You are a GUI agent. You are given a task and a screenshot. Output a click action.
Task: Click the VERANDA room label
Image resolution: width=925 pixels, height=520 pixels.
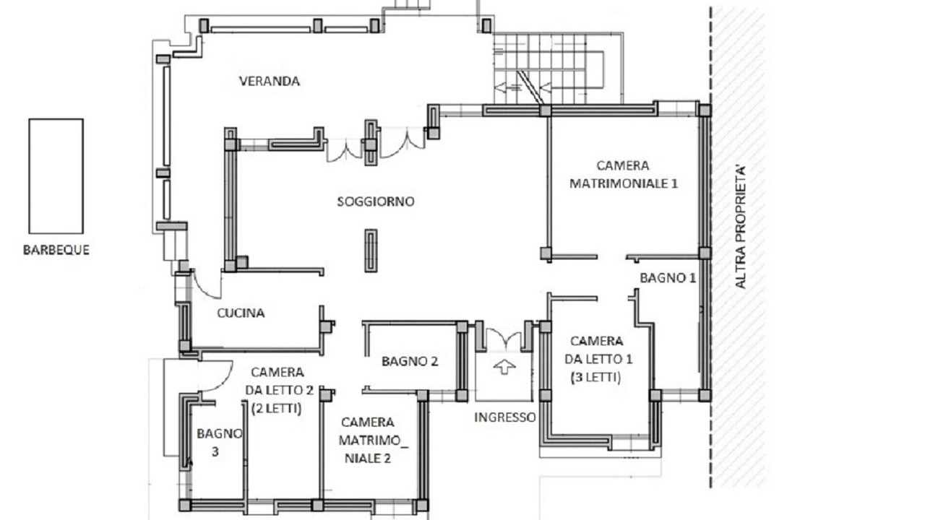270,81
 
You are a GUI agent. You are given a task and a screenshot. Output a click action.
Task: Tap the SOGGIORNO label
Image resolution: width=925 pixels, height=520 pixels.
376,201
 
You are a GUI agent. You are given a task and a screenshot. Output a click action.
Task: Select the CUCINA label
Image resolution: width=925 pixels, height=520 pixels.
241,313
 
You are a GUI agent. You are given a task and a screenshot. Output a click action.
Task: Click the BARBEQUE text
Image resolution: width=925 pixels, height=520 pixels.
56,250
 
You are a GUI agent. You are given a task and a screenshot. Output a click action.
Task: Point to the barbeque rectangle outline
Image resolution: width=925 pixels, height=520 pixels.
30,176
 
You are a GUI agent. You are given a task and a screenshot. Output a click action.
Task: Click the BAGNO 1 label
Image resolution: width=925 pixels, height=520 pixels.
668,278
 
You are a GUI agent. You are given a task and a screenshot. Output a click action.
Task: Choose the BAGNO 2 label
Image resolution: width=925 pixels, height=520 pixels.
410,362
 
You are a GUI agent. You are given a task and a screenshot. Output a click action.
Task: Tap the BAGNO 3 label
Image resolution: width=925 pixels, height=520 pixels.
218,443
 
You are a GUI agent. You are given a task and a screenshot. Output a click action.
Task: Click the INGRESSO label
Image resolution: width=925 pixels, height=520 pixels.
504,417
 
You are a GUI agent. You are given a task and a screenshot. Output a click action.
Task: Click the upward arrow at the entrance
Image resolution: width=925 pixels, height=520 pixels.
504,366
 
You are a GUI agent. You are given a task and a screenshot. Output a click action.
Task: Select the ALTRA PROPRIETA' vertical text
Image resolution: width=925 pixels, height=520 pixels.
741,227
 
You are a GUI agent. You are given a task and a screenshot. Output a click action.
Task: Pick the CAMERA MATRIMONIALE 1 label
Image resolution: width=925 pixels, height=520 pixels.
623,175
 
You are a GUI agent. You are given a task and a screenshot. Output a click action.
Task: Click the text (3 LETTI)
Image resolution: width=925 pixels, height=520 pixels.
595,378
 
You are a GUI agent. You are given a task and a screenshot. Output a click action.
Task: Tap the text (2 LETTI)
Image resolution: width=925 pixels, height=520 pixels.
276,409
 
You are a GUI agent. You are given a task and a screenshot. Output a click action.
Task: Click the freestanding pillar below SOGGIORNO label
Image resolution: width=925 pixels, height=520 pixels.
371,251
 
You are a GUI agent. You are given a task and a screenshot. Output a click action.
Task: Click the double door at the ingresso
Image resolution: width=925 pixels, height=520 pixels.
504,339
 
